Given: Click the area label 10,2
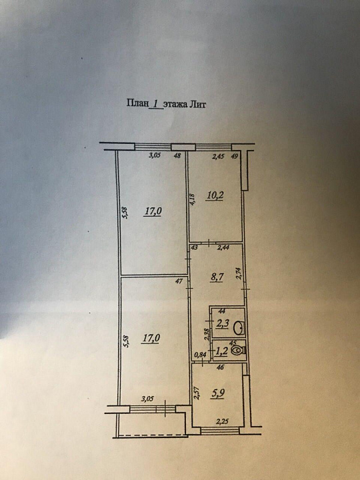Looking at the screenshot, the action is tap(214, 195).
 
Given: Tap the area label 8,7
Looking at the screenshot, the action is tap(217, 277).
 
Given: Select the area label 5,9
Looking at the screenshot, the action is tap(217, 393).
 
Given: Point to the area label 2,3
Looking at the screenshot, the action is tap(223, 324).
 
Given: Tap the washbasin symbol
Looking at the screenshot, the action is tap(239, 328).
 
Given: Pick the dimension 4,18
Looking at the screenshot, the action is tap(193, 199).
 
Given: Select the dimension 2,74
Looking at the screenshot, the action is tap(239, 274).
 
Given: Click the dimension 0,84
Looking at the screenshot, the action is tap(201, 355).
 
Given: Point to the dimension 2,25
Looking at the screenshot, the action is tap(223, 422).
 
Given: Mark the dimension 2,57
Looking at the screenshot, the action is tap(197, 393).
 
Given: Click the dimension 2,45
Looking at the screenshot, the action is tap(219, 157).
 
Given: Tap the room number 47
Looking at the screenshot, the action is tap(181, 281).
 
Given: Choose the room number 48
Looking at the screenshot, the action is tap(177, 155).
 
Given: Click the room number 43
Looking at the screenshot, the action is tap(194, 247).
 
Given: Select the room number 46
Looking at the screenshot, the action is tap(220, 367).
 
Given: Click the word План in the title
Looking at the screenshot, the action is tap(137, 103).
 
